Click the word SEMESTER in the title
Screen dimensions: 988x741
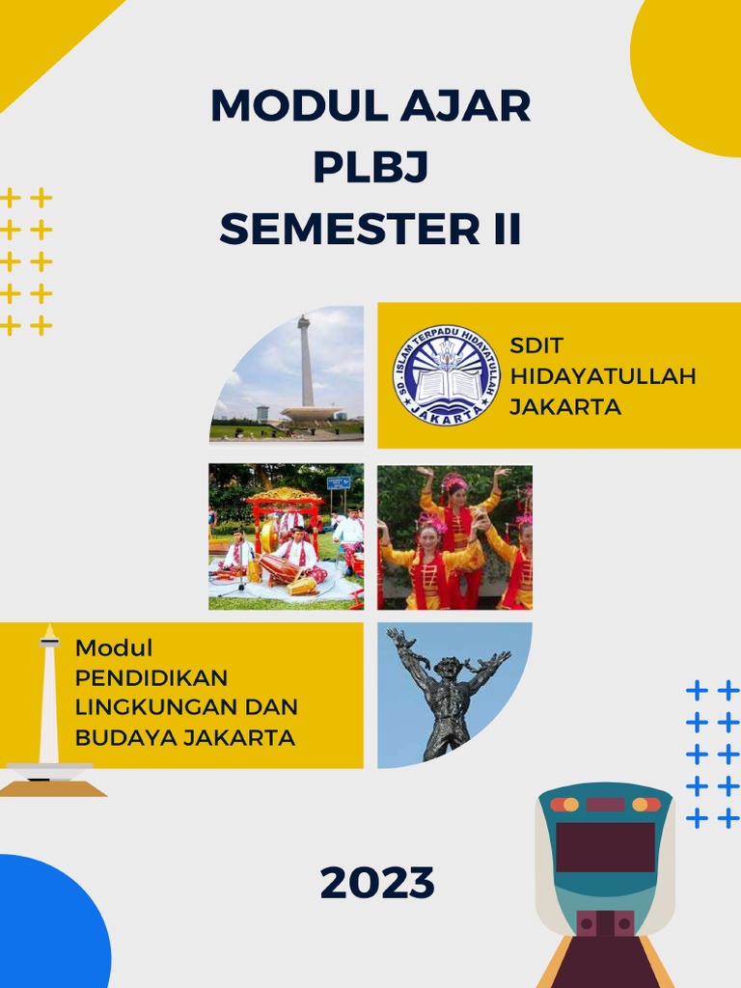(343, 230)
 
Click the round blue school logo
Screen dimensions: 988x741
(446, 374)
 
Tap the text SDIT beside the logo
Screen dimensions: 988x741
(536, 345)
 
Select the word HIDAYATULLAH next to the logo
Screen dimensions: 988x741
(602, 376)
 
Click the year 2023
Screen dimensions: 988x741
(377, 883)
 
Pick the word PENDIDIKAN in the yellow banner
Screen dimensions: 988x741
(151, 677)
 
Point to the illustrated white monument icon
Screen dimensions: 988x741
(48, 704)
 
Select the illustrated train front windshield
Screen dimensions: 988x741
(605, 846)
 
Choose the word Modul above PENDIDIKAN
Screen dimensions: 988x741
(114, 648)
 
